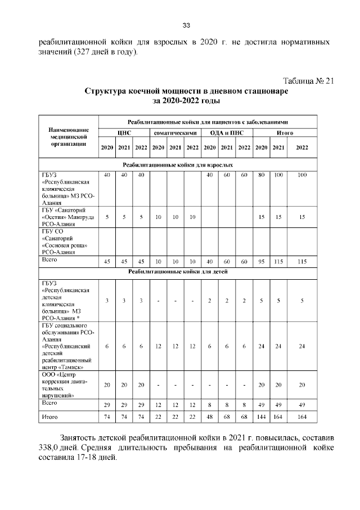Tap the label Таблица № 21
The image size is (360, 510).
click(308, 80)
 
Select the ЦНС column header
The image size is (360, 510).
click(124, 133)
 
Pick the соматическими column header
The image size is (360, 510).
click(175, 133)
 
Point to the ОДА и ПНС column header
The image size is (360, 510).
click(227, 133)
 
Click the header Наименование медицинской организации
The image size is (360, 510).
click(67, 136)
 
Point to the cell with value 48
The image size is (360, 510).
click(209, 418)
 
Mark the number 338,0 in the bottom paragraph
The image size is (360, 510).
click(48, 448)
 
